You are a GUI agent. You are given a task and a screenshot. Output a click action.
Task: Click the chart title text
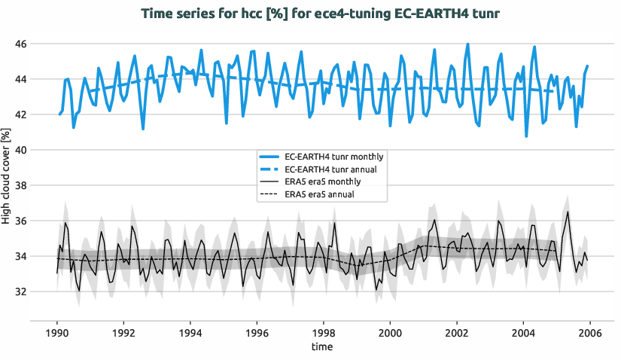[310, 13]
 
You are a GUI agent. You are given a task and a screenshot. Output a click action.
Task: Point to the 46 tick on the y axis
[20, 44]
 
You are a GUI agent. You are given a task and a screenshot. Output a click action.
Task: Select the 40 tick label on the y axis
[20, 150]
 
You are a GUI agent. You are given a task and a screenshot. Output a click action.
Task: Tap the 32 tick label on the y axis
[20, 291]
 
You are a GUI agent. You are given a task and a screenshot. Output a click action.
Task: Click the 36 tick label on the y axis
[20, 221]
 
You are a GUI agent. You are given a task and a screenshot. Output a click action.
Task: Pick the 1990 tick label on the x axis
[56, 332]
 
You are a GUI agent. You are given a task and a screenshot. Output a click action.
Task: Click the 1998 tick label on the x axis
[323, 332]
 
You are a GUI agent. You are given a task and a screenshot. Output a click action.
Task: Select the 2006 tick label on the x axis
[589, 332]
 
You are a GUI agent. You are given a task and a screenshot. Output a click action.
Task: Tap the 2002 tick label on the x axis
[456, 332]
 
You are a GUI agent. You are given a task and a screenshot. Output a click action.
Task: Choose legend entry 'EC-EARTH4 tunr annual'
[334, 169]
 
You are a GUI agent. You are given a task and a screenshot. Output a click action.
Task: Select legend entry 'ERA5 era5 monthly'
[323, 182]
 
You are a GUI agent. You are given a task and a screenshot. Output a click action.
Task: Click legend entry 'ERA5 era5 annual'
[321, 194]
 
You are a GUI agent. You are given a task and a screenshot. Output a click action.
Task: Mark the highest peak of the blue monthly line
[467, 44]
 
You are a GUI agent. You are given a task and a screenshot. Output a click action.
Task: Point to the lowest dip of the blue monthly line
[526, 136]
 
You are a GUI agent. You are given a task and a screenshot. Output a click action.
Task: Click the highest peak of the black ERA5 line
[568, 212]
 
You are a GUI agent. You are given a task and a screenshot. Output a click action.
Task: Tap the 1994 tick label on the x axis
[190, 332]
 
